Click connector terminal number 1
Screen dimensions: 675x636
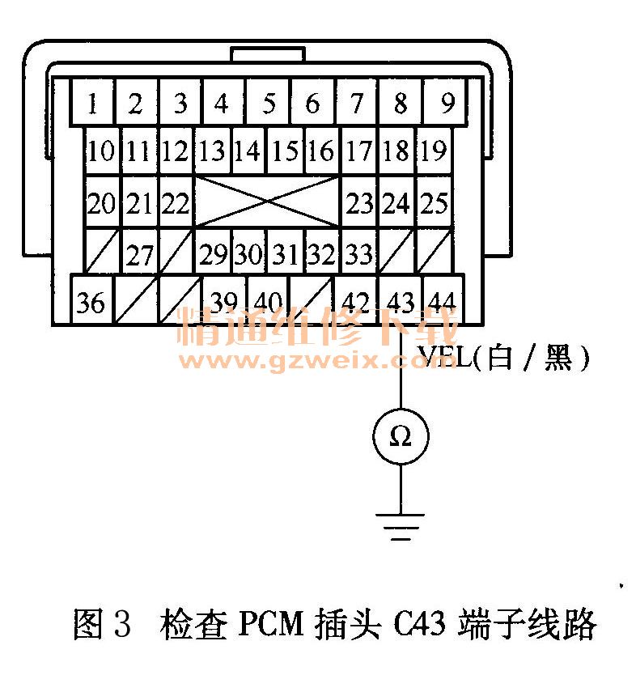tap(93, 103)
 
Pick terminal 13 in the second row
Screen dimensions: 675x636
tap(213, 151)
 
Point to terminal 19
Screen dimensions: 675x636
tap(433, 151)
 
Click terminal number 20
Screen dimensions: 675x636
tap(102, 203)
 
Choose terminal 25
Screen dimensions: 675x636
tap(435, 203)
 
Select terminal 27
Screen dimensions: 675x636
tap(140, 255)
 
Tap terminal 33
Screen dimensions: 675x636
tap(358, 255)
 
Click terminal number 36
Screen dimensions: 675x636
tap(91, 303)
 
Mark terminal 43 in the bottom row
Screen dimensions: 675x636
tap(401, 303)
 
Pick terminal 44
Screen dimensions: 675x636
tap(441, 303)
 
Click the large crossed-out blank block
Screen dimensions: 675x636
tap(267, 202)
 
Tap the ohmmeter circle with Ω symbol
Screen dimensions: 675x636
tap(401, 437)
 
